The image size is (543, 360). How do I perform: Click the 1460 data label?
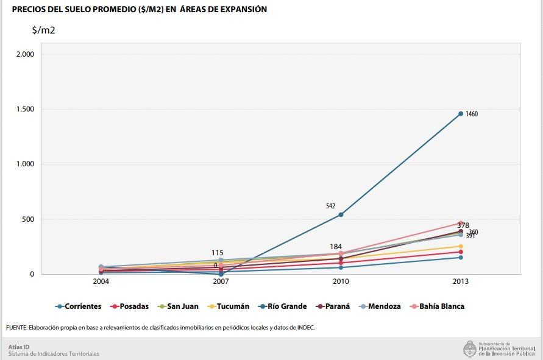pos(472,114)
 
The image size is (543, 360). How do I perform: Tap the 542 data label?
pos(330,206)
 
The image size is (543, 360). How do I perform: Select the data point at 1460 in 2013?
pos(461,113)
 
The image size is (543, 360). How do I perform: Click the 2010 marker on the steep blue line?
pos(341,214)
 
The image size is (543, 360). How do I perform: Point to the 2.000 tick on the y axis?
pos(25,54)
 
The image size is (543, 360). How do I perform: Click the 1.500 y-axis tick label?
pos(25,109)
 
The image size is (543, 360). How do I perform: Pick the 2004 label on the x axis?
pos(101,282)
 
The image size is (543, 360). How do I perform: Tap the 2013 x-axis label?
pos(461,282)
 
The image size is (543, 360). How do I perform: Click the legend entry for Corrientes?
pos(82,306)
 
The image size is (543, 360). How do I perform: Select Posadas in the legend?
pos(134,306)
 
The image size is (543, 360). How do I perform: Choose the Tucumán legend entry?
pos(233,306)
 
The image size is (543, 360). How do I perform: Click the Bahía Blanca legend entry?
pos(441,306)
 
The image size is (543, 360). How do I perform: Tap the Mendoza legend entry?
pos(384,306)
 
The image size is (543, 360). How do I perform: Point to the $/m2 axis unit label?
pos(44,30)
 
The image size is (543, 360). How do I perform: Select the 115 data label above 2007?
pos(218,253)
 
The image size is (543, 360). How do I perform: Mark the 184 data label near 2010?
pos(336,247)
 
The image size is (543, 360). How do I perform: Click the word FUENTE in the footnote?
pos(18,328)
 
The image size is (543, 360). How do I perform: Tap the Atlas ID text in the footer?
pos(19,347)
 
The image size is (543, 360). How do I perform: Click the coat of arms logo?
pos(469,349)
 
